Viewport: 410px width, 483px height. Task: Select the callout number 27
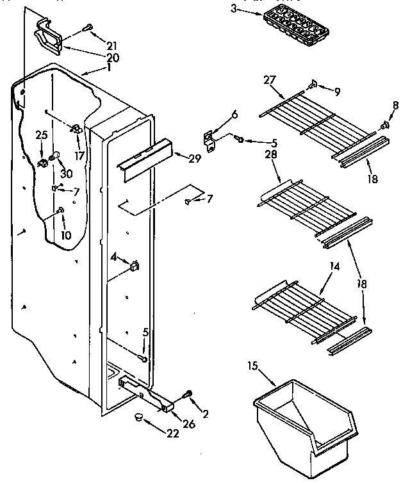269,81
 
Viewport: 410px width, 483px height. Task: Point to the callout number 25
42,135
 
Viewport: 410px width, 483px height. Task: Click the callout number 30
65,174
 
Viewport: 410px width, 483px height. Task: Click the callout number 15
252,366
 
